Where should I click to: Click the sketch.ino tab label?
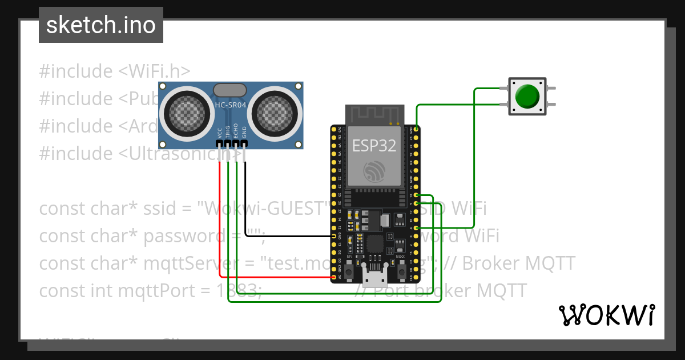click(x=101, y=25)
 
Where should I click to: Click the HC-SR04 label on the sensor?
click(x=230, y=105)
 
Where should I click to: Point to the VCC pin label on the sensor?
click(x=220, y=134)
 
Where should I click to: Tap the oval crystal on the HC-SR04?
click(x=230, y=90)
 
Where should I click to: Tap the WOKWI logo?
click(x=606, y=315)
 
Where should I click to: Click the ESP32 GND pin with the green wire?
click(x=417, y=129)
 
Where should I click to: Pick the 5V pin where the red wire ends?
click(x=334, y=278)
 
